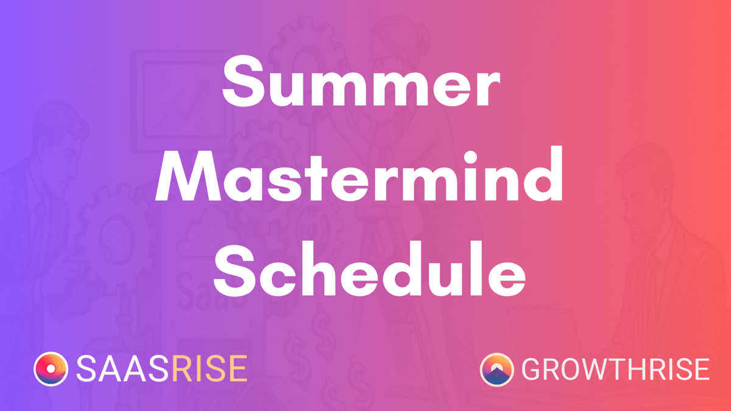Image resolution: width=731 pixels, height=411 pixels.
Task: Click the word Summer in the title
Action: pyautogui.click(x=361, y=82)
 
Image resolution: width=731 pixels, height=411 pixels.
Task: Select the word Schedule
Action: pyautogui.click(x=369, y=268)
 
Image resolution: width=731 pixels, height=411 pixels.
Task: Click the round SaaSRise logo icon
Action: pyautogui.click(x=51, y=369)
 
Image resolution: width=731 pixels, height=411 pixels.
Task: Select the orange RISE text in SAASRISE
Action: pyautogui.click(x=210, y=368)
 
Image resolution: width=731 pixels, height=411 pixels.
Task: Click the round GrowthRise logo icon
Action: pyautogui.click(x=496, y=370)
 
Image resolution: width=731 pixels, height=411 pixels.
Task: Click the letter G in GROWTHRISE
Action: pyautogui.click(x=533, y=369)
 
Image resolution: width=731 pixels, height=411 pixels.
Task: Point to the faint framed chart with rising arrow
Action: pyautogui.click(x=183, y=102)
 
